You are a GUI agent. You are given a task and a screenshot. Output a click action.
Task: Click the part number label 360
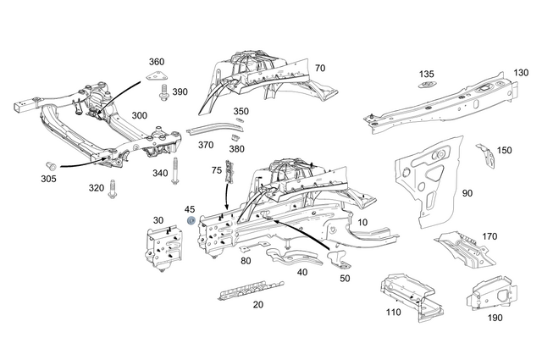click(x=157, y=62)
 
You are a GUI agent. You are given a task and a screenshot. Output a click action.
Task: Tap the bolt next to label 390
click(x=164, y=92)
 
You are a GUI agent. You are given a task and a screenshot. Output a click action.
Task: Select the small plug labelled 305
click(x=49, y=163)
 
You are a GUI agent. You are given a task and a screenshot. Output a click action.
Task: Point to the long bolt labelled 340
click(x=176, y=170)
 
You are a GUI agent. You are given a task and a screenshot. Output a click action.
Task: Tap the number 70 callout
click(x=319, y=68)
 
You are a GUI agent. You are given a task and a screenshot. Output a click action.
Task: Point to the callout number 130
click(x=520, y=74)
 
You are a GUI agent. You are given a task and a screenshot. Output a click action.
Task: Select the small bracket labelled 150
click(x=486, y=154)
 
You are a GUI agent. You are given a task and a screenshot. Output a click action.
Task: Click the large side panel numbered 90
click(x=428, y=186)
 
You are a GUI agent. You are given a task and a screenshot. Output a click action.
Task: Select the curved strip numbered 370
click(x=208, y=128)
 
